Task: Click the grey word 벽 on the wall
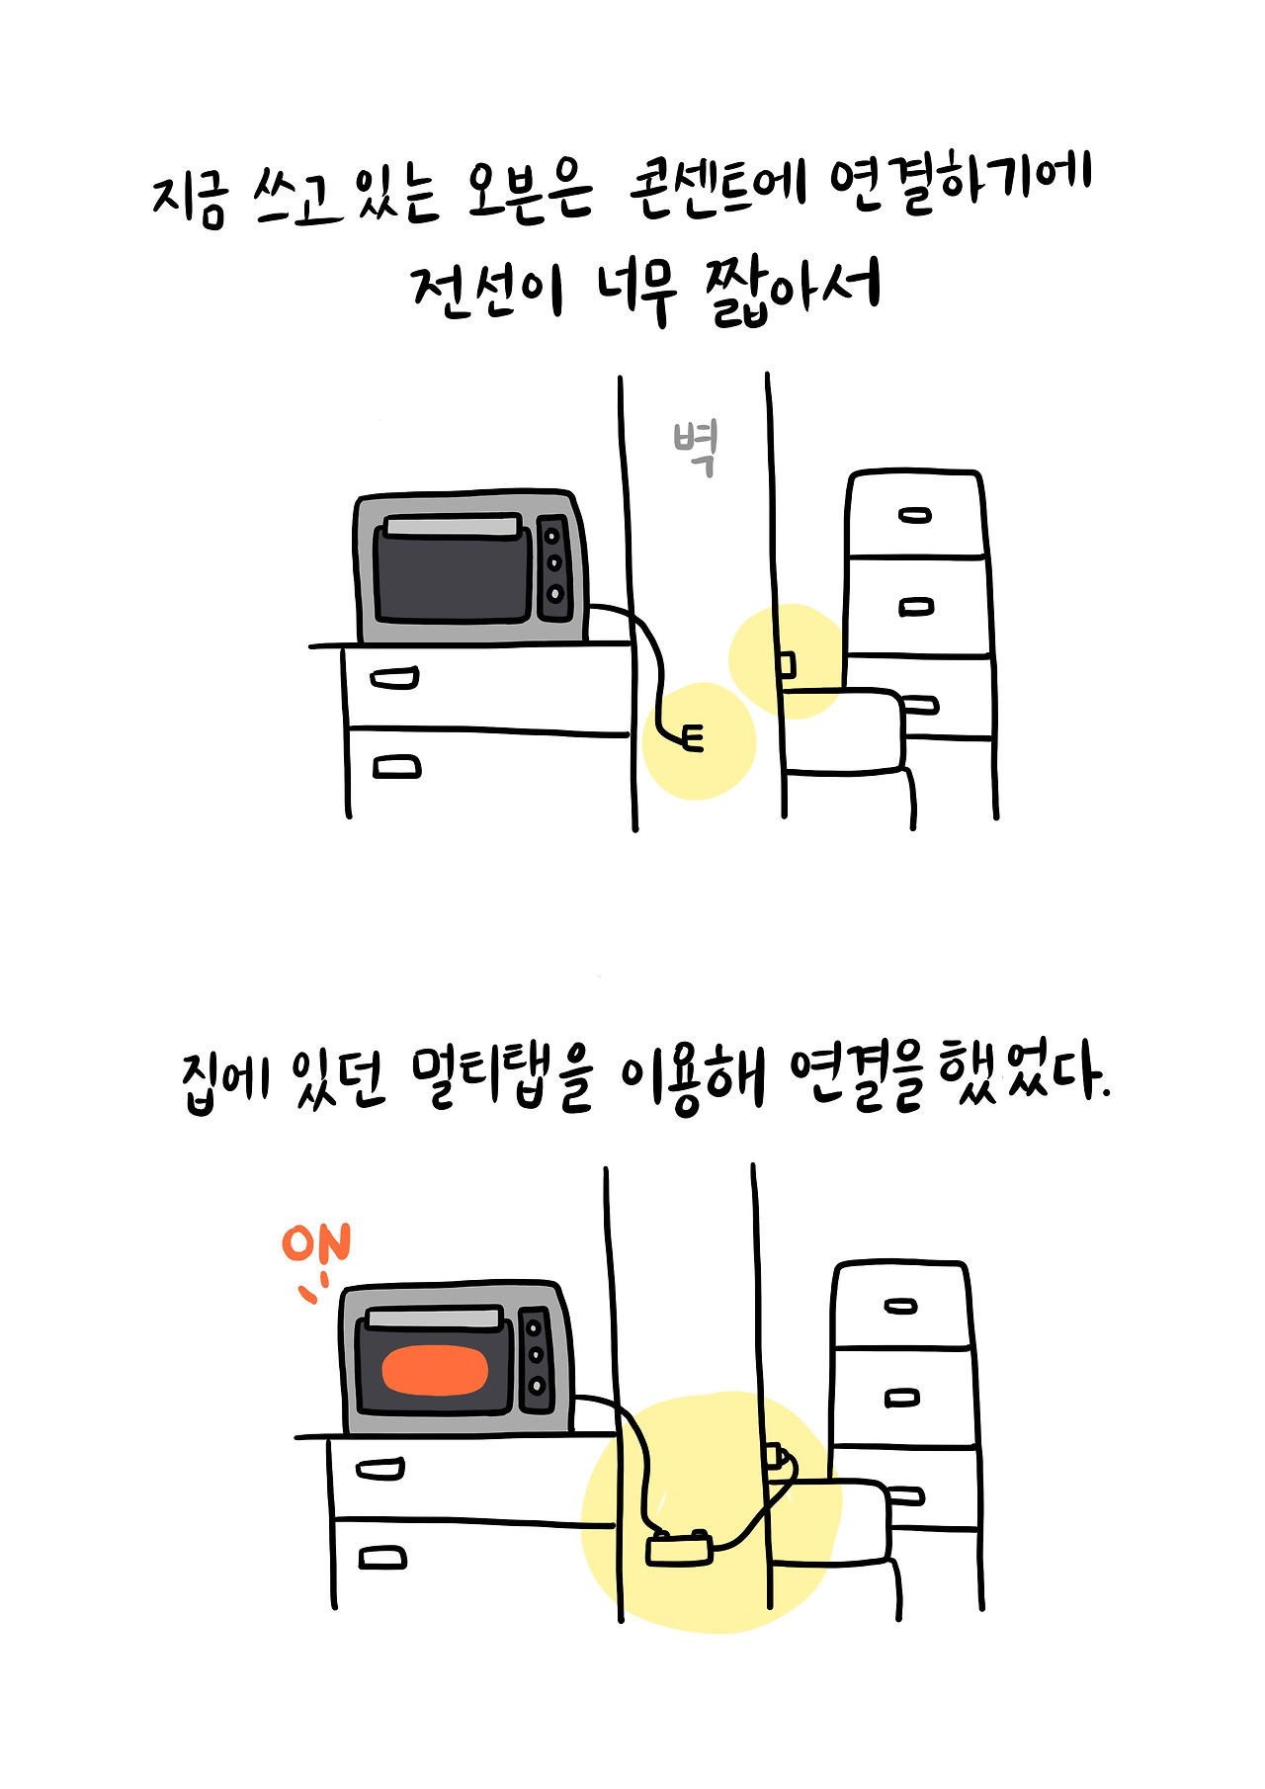point(697,448)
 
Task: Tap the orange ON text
point(316,1243)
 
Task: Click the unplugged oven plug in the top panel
point(693,738)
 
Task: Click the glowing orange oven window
point(436,1370)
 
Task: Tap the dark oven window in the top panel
point(454,573)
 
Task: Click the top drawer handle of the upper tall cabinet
point(915,515)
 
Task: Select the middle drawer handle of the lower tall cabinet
point(900,1398)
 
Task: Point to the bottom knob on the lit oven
point(537,1385)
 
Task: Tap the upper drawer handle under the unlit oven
point(394,679)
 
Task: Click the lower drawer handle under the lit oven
point(382,1558)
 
